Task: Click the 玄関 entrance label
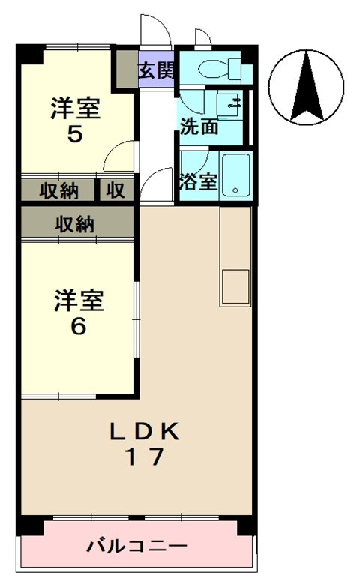coord(156,72)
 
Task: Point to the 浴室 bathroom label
coord(198,181)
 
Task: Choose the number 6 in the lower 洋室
coord(78,327)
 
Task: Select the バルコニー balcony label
coord(136,545)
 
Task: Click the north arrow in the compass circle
coord(306,86)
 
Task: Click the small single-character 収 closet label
coord(115,190)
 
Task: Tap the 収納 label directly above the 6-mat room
coord(75,223)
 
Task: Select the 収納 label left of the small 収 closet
coord(59,190)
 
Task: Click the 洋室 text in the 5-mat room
coord(75,108)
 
